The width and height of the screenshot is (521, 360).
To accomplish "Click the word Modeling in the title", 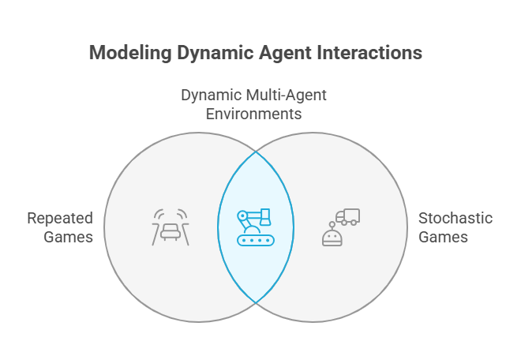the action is tap(130, 53).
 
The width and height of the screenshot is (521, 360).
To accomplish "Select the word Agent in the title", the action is tap(286, 53).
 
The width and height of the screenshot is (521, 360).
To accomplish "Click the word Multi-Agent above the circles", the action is tap(291, 96).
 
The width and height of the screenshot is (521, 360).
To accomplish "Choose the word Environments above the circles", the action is tap(254, 114).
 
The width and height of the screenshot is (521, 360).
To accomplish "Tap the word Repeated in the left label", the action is tap(60, 219).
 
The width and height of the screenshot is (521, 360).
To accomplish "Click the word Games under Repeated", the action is tap(68, 238).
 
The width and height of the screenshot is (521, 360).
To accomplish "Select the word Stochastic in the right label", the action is tap(455, 219).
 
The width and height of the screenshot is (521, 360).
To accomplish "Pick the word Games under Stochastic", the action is tap(443, 238).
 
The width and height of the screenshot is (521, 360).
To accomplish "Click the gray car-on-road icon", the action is tap(171, 227).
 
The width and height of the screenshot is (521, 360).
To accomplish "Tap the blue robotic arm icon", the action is tap(256, 227).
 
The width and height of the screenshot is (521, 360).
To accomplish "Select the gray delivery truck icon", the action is tap(347, 217).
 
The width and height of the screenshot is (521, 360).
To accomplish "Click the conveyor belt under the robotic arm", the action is tap(256, 240).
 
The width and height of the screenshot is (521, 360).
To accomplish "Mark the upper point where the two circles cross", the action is tap(256, 152).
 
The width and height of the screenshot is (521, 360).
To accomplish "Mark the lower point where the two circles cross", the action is tap(256, 303).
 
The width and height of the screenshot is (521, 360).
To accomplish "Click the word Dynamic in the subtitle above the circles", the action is tap(216, 96).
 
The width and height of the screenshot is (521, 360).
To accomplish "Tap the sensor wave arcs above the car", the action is tap(171, 214).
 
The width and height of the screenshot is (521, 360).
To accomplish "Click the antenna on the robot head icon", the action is tap(332, 226).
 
